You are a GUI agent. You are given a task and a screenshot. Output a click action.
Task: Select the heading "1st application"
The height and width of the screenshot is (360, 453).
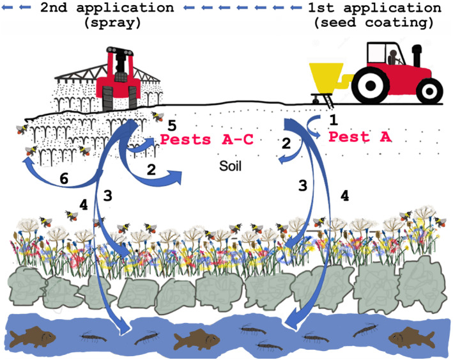(x=374, y=8)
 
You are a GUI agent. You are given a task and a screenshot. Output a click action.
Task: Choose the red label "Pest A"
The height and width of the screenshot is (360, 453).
(x=355, y=136)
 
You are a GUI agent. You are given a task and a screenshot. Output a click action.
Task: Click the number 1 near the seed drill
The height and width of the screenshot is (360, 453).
(x=332, y=119)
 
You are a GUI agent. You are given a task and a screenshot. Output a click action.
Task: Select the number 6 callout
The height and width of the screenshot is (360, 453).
(x=64, y=180)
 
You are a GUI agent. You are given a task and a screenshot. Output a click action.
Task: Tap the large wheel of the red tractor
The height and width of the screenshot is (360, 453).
(x=376, y=84)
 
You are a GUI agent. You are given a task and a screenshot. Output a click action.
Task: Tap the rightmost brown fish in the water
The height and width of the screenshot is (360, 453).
(x=410, y=334)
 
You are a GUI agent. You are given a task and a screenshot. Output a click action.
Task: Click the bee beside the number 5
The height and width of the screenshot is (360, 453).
(x=157, y=116)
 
